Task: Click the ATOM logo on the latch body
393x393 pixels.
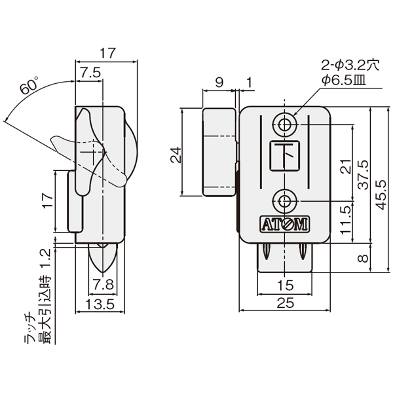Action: [284, 223]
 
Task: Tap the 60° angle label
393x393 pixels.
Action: [30, 85]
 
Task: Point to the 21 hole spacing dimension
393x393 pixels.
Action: [346, 166]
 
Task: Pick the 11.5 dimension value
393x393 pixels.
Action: [346, 220]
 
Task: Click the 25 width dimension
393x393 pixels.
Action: [286, 303]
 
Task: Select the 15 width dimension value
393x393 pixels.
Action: [286, 285]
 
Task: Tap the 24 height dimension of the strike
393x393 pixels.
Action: [176, 155]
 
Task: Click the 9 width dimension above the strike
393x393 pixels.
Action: [219, 83]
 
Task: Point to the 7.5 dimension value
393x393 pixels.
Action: [90, 73]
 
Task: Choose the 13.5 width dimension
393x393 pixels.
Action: [100, 304]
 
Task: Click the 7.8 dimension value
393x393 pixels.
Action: [103, 284]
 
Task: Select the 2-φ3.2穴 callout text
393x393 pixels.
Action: [350, 65]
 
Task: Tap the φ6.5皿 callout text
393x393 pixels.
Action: [343, 81]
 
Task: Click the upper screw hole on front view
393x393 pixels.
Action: [284, 124]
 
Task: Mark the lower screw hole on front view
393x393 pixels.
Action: [284, 201]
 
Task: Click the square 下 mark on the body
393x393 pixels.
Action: [285, 155]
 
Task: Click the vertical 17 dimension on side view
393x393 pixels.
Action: [48, 201]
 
